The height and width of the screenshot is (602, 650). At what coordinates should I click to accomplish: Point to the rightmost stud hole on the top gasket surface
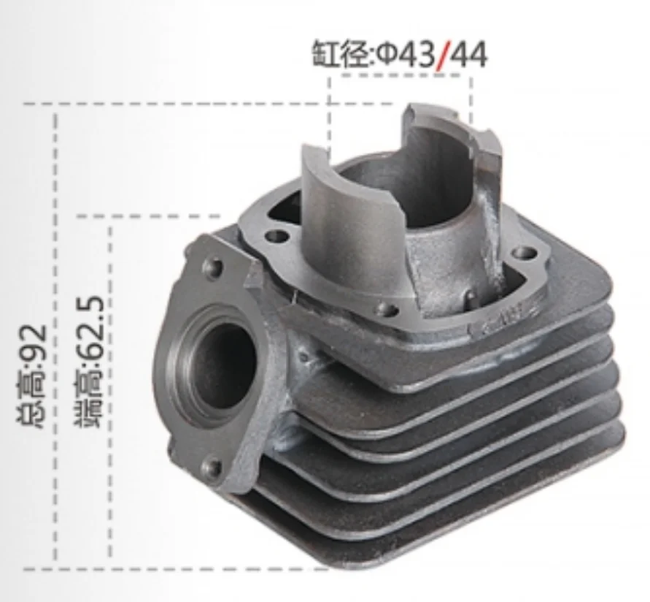523,253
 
